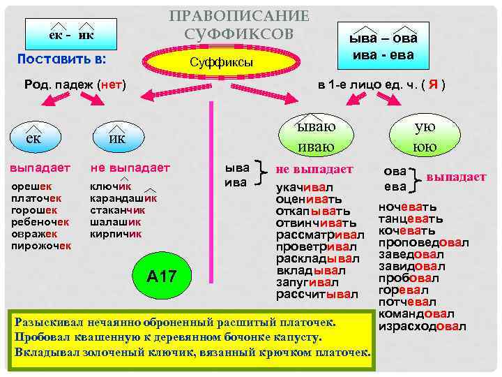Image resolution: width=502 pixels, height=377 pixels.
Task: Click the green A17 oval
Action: coord(162,277)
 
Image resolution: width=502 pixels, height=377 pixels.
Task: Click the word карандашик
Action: coord(123,198)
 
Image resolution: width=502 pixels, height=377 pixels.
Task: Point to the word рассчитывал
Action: coord(317,295)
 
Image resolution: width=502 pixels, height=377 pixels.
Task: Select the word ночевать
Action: coord(408,207)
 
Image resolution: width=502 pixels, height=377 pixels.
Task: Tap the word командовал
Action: coord(416,314)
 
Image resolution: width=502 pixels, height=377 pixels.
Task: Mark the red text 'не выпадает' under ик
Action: coord(130,168)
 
